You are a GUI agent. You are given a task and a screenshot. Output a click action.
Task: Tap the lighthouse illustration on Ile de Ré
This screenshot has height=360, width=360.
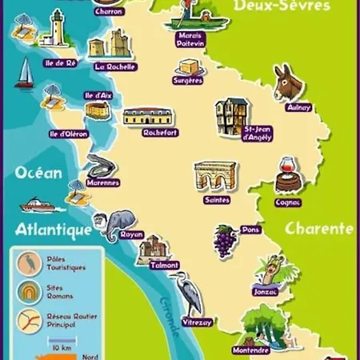[57, 30]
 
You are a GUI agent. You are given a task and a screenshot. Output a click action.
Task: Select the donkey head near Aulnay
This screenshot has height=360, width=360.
[286, 82]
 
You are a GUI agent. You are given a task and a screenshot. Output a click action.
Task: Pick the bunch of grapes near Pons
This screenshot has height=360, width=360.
[225, 238]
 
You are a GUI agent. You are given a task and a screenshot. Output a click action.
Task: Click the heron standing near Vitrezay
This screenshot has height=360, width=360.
[188, 293]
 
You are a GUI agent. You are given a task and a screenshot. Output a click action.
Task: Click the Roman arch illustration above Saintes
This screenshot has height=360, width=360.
[215, 177]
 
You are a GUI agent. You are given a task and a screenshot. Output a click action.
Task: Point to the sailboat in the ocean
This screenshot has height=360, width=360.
[25, 74]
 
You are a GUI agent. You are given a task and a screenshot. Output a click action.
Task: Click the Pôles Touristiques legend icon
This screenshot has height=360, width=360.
[28, 262]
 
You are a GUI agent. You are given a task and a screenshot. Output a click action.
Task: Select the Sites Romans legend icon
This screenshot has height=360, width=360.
[28, 291]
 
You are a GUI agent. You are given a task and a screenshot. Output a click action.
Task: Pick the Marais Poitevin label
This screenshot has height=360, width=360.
[190, 40]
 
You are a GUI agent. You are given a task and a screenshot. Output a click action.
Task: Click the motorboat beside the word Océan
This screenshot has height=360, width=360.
[36, 206]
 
